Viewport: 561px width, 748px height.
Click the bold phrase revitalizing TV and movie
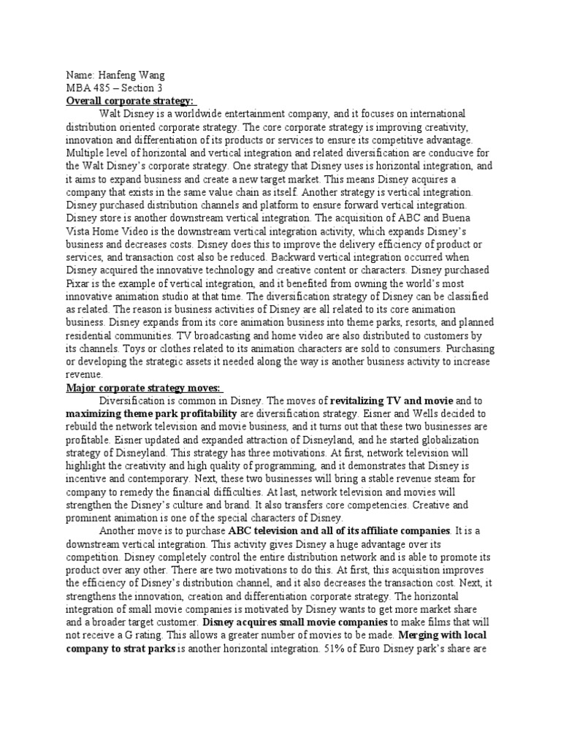click(392, 401)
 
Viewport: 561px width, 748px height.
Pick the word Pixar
click(82, 283)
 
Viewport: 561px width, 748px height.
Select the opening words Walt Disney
click(126, 113)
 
